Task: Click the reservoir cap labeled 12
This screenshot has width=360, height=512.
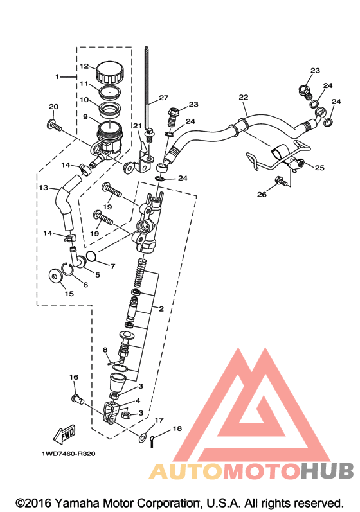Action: (110, 72)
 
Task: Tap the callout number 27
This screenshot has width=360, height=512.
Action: (164, 98)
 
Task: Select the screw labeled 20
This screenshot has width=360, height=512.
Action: (55, 125)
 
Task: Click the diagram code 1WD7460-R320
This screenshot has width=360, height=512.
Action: (69, 454)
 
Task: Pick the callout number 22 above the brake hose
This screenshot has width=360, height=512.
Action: (244, 97)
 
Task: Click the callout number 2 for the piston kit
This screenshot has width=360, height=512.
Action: (161, 308)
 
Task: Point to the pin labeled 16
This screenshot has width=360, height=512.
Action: (77, 399)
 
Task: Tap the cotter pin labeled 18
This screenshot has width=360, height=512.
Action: (152, 441)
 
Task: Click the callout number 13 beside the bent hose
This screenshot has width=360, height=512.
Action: (44, 188)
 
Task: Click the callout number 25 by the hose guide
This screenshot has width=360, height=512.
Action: (319, 168)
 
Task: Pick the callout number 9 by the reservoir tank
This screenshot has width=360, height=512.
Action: (85, 116)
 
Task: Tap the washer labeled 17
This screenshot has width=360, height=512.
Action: (143, 438)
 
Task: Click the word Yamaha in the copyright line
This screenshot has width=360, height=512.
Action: (76, 502)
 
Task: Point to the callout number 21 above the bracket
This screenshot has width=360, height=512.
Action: (138, 126)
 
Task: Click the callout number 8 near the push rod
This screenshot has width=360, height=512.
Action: (105, 350)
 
